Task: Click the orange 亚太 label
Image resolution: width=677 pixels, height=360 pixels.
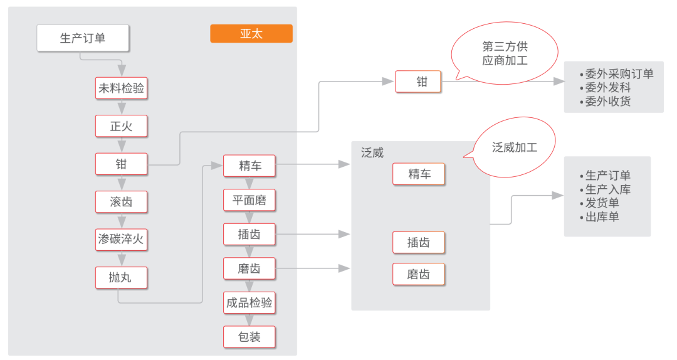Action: (x=251, y=34)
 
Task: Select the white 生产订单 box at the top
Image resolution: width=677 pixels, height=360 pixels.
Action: (x=83, y=38)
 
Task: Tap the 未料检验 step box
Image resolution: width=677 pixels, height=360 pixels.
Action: (x=121, y=88)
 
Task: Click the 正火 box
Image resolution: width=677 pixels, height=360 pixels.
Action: (x=121, y=126)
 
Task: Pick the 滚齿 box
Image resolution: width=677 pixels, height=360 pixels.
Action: (x=121, y=202)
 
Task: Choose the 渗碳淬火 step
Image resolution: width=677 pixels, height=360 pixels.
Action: (x=121, y=239)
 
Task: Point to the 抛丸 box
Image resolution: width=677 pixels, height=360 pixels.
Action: (x=121, y=277)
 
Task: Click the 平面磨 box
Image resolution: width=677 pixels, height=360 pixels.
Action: (x=249, y=201)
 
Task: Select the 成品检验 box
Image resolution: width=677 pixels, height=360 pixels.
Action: (x=249, y=303)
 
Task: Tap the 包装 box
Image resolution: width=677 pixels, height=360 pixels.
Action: (x=249, y=337)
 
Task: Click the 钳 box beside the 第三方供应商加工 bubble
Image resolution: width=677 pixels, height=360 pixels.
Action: (x=418, y=82)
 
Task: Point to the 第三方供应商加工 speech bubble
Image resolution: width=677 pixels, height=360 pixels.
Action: (x=504, y=54)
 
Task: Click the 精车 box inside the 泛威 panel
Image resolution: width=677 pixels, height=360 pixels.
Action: (x=419, y=174)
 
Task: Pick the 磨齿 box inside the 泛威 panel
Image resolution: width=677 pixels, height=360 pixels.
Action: (x=419, y=275)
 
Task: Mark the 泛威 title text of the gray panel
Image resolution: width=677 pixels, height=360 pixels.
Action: (x=372, y=152)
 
